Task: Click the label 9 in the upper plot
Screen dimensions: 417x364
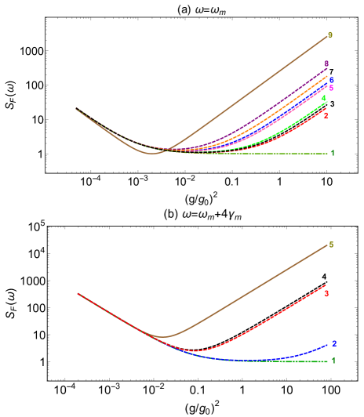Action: (330, 35)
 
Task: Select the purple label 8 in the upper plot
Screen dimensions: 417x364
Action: (326, 63)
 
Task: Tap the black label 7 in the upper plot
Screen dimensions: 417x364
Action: (332, 72)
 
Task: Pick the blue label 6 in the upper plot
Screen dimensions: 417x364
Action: (332, 80)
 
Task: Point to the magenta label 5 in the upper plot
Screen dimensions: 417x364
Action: (331, 89)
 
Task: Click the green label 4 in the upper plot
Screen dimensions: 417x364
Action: (323, 98)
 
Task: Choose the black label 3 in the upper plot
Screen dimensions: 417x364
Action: (333, 103)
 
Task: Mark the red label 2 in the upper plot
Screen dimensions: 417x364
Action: (326, 115)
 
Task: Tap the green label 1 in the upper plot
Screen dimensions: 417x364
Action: (333, 153)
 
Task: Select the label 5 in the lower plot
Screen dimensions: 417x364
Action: (331, 245)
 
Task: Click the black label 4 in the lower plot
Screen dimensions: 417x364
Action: (324, 277)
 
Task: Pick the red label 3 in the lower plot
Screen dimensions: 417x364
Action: (326, 293)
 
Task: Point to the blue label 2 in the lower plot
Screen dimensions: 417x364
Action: (334, 343)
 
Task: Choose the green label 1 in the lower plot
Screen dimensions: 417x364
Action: (334, 360)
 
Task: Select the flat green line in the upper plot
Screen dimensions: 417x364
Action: (267, 154)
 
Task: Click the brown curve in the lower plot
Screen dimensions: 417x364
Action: (251, 290)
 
